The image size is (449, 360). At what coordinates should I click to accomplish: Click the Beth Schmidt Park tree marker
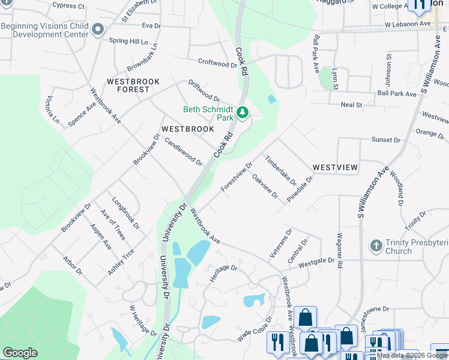tap(243, 113)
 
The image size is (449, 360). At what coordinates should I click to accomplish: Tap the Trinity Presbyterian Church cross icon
tap(376, 246)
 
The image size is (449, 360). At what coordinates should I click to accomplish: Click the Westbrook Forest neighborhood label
tap(128, 85)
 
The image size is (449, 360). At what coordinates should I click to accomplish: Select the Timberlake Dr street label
tap(281, 170)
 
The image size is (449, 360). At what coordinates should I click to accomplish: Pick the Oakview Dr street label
tap(265, 186)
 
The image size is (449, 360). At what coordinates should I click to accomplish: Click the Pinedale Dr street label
tap(300, 188)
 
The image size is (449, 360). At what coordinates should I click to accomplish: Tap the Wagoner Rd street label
tap(340, 250)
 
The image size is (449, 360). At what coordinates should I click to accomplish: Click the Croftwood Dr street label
tap(217, 63)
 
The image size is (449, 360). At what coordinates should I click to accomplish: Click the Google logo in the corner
tap(20, 353)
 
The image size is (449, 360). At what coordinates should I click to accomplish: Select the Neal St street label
tap(351, 105)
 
